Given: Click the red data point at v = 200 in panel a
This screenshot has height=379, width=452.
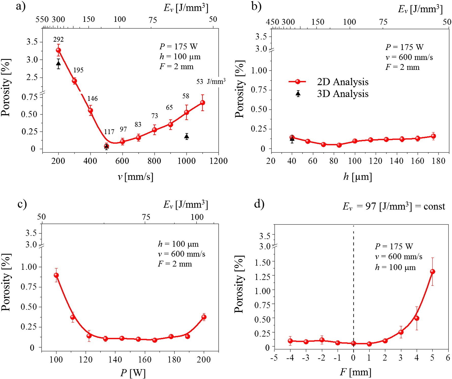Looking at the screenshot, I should point(58,50).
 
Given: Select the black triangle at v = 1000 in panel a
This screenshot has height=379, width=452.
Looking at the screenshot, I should point(187,137).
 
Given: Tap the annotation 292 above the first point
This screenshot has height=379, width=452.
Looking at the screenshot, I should point(58,39).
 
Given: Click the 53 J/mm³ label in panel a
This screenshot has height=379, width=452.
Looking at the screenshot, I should point(211,82).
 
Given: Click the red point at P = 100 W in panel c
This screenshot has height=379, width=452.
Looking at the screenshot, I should point(56,275).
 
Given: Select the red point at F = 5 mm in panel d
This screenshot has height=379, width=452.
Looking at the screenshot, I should point(432,272).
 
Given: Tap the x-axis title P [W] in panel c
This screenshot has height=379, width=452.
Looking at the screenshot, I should point(133,373).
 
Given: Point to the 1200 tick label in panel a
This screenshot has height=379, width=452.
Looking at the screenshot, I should point(219,161).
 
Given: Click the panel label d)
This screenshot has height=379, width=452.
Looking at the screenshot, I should point(259,204).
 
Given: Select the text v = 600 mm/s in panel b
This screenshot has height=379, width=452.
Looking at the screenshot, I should point(409,57).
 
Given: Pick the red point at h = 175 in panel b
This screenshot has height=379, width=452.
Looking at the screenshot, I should point(433,136).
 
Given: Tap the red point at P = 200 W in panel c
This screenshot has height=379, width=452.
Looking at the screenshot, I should point(204,317).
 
